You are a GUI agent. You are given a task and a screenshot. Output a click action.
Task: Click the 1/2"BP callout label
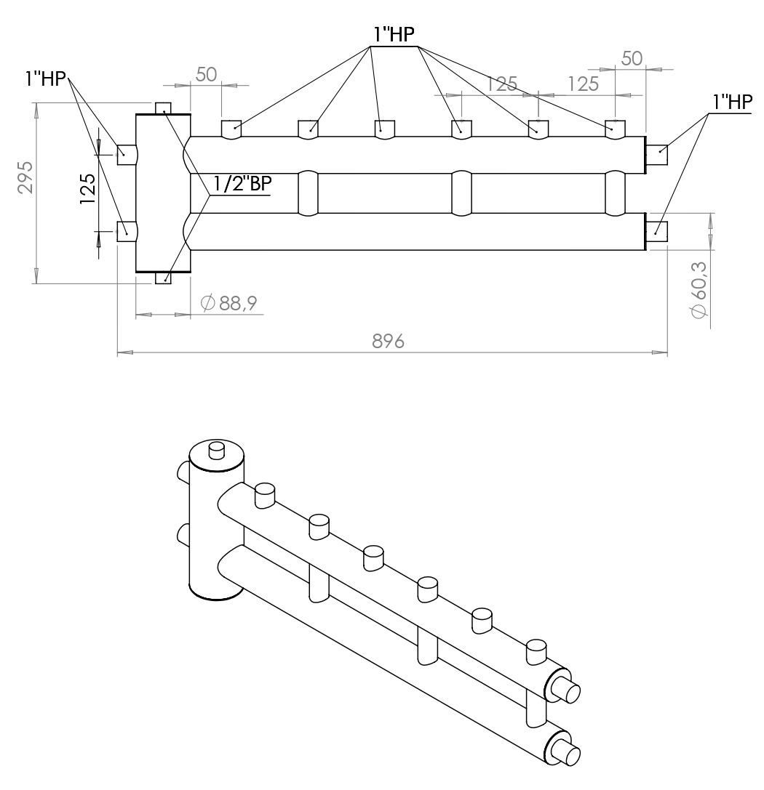[x=239, y=185]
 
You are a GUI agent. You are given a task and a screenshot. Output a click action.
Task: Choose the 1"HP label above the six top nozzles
[x=396, y=34]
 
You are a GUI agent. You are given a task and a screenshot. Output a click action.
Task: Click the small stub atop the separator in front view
[x=164, y=108]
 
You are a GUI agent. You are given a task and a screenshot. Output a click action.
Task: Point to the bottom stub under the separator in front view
[x=164, y=278]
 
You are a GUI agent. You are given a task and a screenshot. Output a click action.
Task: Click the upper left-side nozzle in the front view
[x=127, y=151]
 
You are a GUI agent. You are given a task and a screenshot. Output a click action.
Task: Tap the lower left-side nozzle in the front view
[x=127, y=232]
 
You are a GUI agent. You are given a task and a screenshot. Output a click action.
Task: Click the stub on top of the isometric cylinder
[x=217, y=450]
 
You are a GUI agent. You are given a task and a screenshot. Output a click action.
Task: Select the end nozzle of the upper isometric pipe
[x=565, y=688]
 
